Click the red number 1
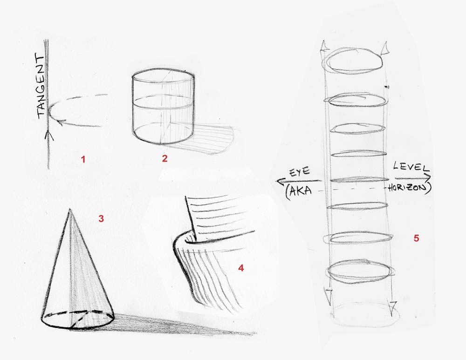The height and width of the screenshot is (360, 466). click(x=83, y=159)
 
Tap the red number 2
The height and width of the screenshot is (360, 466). click(x=164, y=158)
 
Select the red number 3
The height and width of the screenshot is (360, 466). click(x=101, y=218)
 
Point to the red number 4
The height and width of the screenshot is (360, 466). click(x=241, y=268)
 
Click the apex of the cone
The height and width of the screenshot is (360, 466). click(x=70, y=209)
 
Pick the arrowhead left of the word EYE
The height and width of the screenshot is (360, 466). click(x=278, y=182)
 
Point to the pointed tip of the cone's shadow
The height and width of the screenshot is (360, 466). click(x=254, y=333)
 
